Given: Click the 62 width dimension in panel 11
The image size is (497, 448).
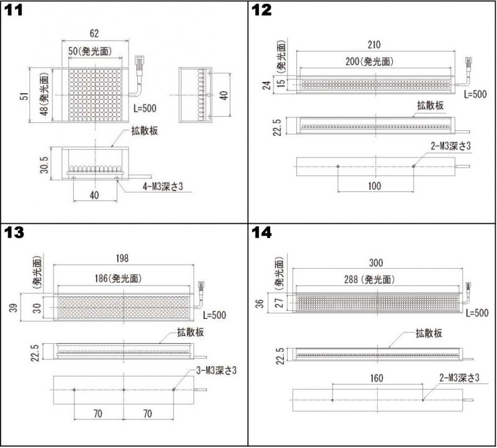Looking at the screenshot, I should pyautogui.click(x=94, y=34).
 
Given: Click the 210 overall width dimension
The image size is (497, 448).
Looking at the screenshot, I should pyautogui.click(x=374, y=45).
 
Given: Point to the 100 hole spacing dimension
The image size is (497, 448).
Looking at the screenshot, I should pyautogui.click(x=374, y=186).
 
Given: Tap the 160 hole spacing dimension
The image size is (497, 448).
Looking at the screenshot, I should pyautogui.click(x=376, y=379).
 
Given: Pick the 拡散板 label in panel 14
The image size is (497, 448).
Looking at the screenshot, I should pyautogui.click(x=429, y=333).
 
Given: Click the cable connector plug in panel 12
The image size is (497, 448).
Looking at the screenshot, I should pyautogui.click(x=467, y=64).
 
